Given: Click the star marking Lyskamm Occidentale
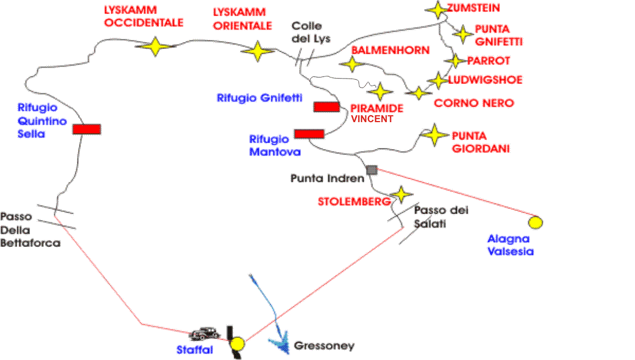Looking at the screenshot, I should (155, 46).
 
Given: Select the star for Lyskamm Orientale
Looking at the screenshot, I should (258, 52).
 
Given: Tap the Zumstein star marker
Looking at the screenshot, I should (436, 9).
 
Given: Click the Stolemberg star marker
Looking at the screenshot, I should (401, 194).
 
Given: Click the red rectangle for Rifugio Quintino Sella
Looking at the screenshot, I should (87, 129).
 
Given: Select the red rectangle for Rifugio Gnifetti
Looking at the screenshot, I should (327, 107).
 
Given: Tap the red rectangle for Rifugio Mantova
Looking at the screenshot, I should (309, 133).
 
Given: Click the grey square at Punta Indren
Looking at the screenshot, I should (371, 170).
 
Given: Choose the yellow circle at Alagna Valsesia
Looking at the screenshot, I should (535, 222).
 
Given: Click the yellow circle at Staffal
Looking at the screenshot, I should (237, 343).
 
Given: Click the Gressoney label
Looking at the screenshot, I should (324, 345).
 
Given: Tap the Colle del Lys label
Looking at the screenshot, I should (311, 32).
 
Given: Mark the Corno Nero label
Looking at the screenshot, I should (474, 103).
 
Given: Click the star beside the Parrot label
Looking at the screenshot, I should (456, 60).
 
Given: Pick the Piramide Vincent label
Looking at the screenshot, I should (377, 113).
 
